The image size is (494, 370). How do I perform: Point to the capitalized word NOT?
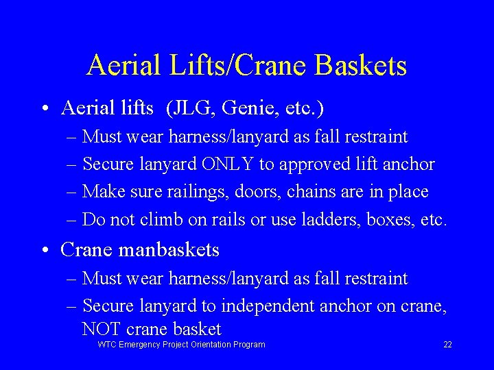point(100,330)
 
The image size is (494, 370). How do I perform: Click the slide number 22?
point(447,345)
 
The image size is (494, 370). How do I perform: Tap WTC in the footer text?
point(108,345)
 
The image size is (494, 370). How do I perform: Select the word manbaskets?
point(169,250)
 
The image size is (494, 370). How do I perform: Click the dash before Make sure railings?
point(73,193)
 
